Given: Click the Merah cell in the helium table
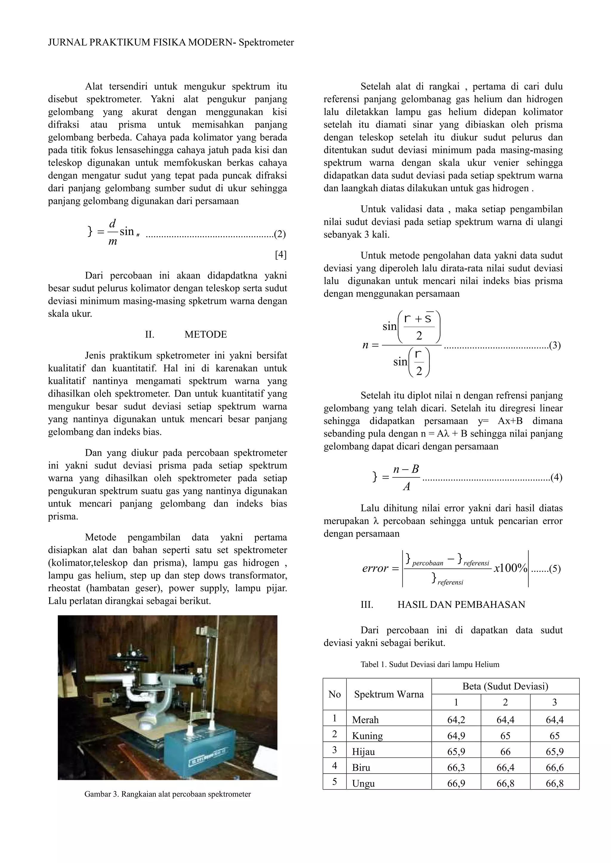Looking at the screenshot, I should pyautogui.click(x=365, y=720).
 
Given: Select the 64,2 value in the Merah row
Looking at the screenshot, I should pyautogui.click(x=456, y=720).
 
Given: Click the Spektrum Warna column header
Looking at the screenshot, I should pyautogui.click(x=389, y=694).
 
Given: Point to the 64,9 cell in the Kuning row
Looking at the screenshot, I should pyautogui.click(x=456, y=735).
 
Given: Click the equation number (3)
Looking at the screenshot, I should pyautogui.click(x=555, y=345).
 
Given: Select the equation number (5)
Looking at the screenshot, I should pyautogui.click(x=555, y=569).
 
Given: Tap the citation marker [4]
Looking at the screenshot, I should pyautogui.click(x=281, y=255).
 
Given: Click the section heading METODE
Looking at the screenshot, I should pyautogui.click(x=206, y=335).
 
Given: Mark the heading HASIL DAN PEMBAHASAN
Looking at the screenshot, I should pyautogui.click(x=461, y=604).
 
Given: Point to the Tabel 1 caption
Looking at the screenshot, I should pyautogui.click(x=430, y=664).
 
